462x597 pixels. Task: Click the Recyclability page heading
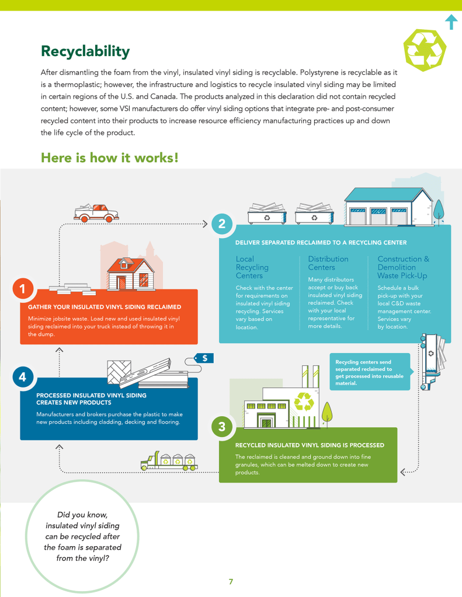[x=85, y=51]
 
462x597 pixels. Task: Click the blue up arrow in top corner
[x=451, y=22]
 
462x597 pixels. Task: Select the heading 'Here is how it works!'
[x=109, y=158]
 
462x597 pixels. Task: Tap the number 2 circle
[x=221, y=224]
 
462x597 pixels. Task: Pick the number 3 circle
[x=222, y=427]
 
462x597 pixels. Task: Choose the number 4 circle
[x=22, y=377]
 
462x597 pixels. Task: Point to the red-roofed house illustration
[x=131, y=273]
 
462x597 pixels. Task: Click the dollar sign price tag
[x=204, y=358]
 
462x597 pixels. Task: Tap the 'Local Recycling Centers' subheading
[x=252, y=267]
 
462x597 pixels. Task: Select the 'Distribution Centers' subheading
[x=328, y=263]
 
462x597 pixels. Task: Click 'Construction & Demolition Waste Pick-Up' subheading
[x=403, y=267]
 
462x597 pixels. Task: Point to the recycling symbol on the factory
[x=304, y=402]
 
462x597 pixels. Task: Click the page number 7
[x=231, y=581]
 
